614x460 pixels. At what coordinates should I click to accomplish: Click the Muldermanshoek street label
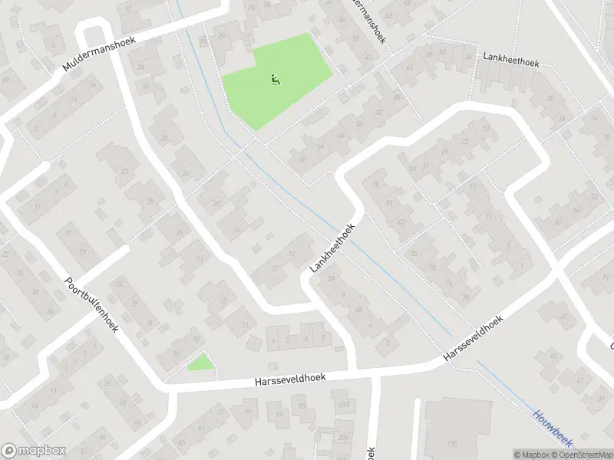[x=98, y=56]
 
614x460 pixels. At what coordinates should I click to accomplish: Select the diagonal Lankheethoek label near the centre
[x=335, y=248]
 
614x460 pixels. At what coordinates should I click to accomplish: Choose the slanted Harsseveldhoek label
[x=473, y=340]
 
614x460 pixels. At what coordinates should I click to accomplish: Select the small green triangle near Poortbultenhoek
[x=201, y=363]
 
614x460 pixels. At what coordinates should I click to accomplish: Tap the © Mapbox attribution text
[x=533, y=455]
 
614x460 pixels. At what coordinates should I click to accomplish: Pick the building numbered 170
[x=451, y=444]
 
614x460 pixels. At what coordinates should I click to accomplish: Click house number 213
[x=345, y=404]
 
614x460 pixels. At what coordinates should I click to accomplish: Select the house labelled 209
[x=342, y=438]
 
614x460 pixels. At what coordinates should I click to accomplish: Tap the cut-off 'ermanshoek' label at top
[x=365, y=19]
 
